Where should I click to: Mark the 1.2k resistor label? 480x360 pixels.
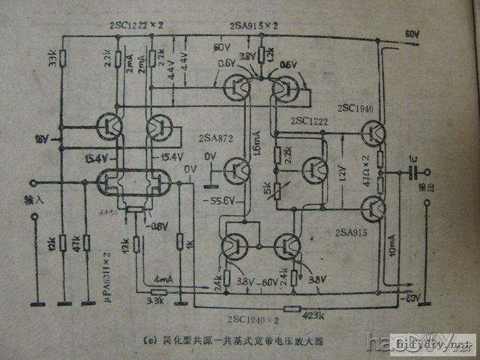[x=270, y=53]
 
